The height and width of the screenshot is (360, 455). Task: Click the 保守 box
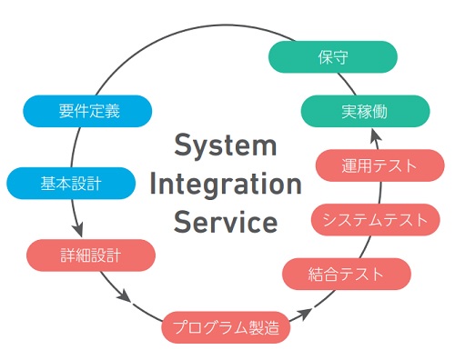(x=333, y=56)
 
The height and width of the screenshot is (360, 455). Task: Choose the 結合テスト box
(x=347, y=273)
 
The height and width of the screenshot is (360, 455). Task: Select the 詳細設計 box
(x=92, y=255)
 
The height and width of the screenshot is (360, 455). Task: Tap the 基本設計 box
(x=70, y=184)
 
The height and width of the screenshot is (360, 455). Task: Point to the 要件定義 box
(x=84, y=112)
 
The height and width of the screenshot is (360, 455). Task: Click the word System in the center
(x=225, y=145)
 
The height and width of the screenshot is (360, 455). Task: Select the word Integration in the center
(x=225, y=184)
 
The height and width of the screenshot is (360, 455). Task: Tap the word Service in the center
(x=225, y=221)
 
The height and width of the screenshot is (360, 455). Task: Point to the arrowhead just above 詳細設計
(x=78, y=229)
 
